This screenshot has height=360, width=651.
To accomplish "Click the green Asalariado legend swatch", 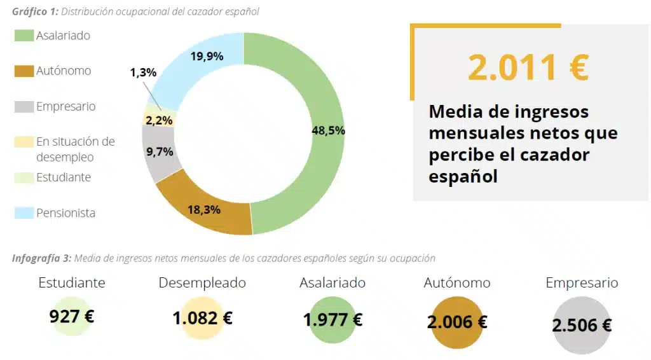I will (24, 36).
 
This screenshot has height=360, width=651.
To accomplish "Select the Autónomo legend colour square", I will (24, 71).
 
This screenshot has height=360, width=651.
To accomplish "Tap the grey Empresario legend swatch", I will (24, 107).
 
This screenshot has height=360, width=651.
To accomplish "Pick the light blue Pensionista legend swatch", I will (24, 213).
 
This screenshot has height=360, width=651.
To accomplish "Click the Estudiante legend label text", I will (64, 177).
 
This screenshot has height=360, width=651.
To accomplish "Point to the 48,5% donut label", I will (328, 130).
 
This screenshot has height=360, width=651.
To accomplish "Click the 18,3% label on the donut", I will (204, 209).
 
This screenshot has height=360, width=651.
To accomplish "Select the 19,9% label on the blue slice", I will (207, 57).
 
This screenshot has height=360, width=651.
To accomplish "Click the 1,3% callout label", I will (143, 73).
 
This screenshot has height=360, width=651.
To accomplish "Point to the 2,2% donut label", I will (158, 119).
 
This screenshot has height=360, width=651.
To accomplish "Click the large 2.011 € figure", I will (528, 67).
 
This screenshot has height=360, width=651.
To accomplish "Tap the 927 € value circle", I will (72, 316).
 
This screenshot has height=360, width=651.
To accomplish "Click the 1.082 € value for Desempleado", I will (202, 318).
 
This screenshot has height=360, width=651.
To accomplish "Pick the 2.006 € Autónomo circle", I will (457, 322).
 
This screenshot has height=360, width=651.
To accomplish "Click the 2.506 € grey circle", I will (582, 326).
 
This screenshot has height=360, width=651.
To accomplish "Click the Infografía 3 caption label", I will (41, 258).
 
